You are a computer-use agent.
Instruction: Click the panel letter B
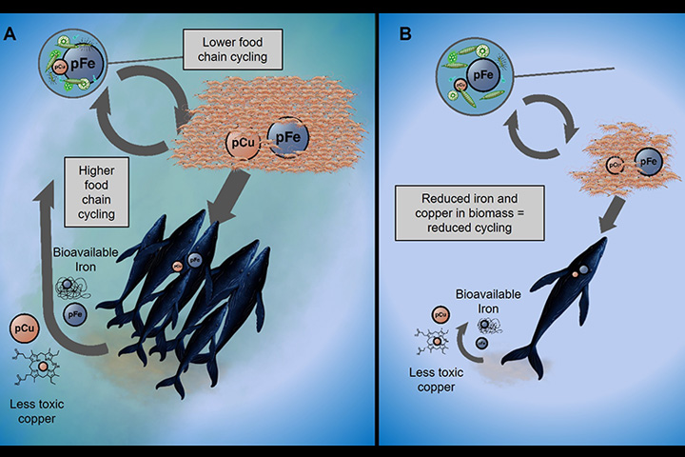point(406,35)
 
